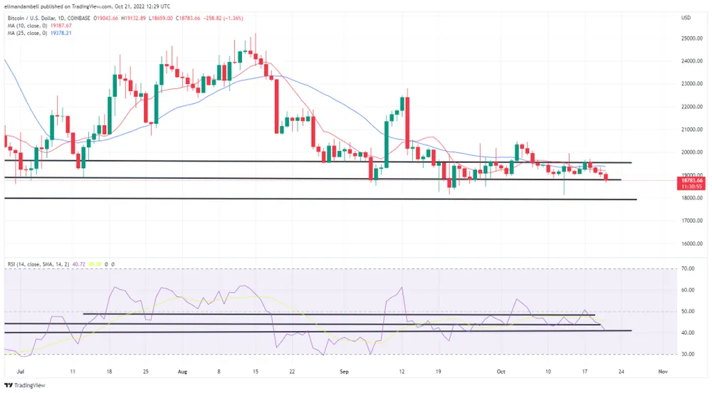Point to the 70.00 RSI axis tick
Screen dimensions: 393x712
click(687, 269)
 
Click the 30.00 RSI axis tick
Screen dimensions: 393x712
click(687, 354)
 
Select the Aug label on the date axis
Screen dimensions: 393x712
click(182, 372)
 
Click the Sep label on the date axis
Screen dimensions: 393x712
click(344, 372)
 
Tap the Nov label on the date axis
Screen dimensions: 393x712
click(663, 372)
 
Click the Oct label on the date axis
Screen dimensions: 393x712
click(500, 372)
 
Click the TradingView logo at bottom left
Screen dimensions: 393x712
click(26, 384)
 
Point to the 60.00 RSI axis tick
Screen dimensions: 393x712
click(687, 290)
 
